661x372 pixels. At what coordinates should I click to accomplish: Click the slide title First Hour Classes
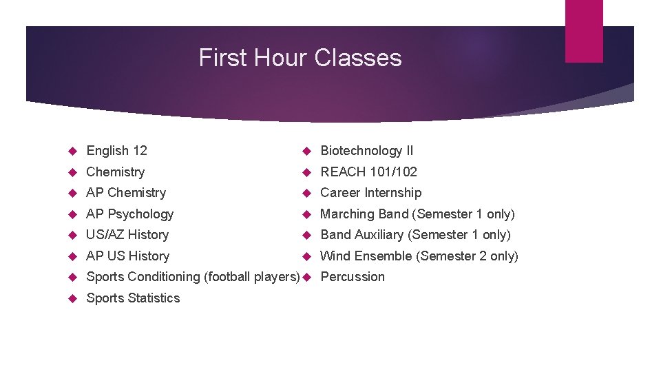(x=300, y=57)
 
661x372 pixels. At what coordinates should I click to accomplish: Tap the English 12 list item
(x=116, y=151)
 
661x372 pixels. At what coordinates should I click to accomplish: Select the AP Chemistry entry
(x=126, y=193)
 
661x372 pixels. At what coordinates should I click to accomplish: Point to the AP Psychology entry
(x=129, y=214)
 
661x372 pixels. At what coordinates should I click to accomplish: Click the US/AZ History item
(x=127, y=235)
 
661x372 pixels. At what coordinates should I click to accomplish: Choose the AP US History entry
(x=127, y=256)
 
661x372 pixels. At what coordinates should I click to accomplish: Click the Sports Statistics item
(x=133, y=298)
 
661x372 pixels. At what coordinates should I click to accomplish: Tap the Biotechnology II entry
(x=367, y=151)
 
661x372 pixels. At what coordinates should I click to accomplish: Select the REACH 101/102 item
(x=369, y=172)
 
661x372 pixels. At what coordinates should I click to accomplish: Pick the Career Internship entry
(x=371, y=193)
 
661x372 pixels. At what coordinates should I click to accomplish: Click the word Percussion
(x=353, y=277)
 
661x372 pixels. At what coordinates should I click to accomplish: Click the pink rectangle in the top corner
(x=584, y=31)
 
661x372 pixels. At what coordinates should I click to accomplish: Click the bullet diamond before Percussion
(x=307, y=277)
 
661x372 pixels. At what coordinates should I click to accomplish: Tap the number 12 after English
(x=140, y=151)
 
